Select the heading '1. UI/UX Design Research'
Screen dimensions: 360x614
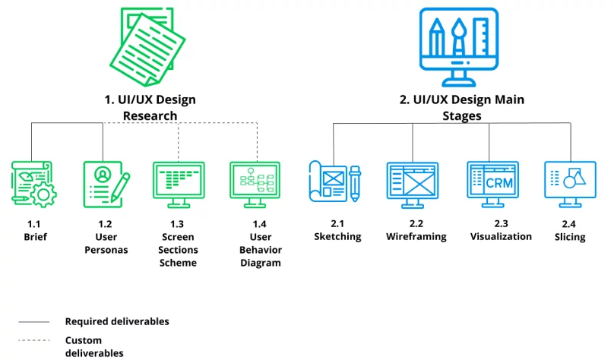pyautogui.click(x=150, y=107)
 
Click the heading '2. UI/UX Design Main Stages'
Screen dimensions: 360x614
pyautogui.click(x=461, y=107)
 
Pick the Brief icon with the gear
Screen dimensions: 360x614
pyautogui.click(x=33, y=185)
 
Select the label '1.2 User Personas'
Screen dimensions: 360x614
pyautogui.click(x=106, y=237)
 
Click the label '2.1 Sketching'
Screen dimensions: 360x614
pyautogui.click(x=337, y=230)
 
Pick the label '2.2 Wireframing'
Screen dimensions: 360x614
pyautogui.click(x=416, y=230)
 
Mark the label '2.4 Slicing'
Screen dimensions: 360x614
pyautogui.click(x=569, y=231)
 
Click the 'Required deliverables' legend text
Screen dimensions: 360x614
pyautogui.click(x=117, y=321)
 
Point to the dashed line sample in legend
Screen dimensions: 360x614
pyautogui.click(x=33, y=340)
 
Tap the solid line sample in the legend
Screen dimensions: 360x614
pyautogui.click(x=33, y=322)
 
